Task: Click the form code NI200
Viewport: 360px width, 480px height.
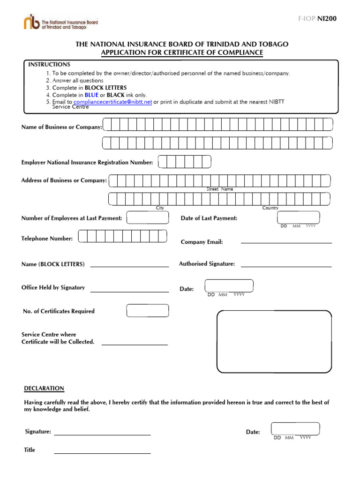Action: point(327,19)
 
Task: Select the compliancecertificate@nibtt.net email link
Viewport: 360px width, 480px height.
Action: point(112,102)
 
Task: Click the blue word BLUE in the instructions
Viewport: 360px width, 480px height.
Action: point(91,95)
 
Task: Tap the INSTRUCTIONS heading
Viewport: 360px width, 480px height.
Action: point(49,64)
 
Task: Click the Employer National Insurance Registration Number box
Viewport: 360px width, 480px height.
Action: point(184,162)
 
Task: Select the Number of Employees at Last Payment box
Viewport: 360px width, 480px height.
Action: point(148,218)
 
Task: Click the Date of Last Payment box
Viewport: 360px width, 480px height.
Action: point(299,217)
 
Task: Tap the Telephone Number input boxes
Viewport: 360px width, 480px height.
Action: point(122,236)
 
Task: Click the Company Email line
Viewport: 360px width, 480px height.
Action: point(286,242)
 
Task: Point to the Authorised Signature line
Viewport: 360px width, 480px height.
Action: point(286,266)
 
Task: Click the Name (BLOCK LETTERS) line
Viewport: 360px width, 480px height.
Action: point(129,266)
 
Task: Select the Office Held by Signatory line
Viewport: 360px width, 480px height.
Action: point(129,291)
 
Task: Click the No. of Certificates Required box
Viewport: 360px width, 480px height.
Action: point(148,310)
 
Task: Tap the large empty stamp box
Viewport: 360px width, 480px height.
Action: point(274,341)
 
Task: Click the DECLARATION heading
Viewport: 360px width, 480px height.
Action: point(44,389)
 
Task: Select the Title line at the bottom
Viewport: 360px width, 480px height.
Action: point(102,453)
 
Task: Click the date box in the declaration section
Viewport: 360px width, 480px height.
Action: point(295,428)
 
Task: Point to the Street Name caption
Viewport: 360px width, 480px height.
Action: point(220,189)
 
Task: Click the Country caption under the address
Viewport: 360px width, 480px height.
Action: point(270,208)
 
